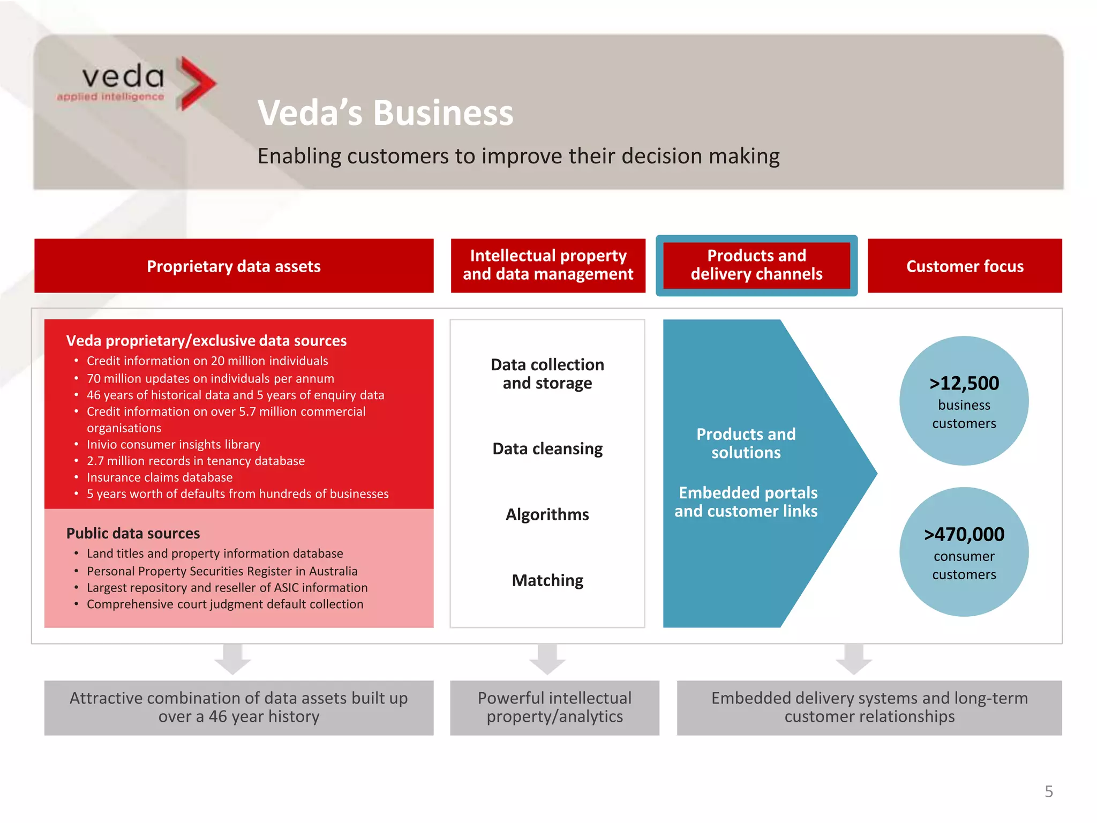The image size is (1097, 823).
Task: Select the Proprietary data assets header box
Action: pos(234,266)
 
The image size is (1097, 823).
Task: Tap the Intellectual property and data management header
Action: pos(547,265)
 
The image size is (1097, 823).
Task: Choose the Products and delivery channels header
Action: pos(756,265)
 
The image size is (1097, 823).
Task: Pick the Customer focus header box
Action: pos(964,266)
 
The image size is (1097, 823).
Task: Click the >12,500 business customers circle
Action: pos(964,400)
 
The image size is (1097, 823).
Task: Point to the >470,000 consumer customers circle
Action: pos(964,551)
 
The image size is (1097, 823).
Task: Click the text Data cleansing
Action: pos(547,448)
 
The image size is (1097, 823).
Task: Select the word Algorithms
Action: pos(547,514)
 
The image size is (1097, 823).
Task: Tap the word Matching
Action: pos(547,580)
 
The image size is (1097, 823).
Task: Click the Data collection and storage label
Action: pos(547,374)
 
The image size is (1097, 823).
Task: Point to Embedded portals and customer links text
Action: pos(746,502)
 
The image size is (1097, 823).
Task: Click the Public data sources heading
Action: pos(133,533)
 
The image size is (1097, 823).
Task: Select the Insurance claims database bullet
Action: pos(160,477)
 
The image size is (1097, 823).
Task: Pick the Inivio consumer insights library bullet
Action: pos(174,445)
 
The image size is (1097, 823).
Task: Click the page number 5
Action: pos(1048,791)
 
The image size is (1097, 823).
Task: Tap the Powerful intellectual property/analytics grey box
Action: pos(554,707)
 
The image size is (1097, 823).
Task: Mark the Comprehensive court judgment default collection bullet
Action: pos(225,604)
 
